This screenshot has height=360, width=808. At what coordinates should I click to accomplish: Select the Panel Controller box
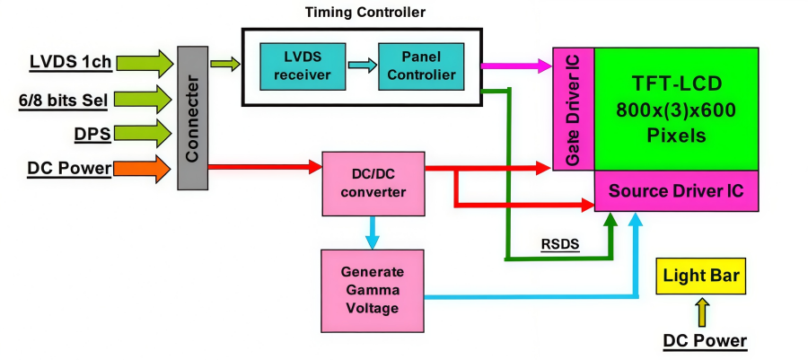pyautogui.click(x=421, y=65)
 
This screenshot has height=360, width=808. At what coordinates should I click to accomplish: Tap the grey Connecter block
pyautogui.click(x=191, y=118)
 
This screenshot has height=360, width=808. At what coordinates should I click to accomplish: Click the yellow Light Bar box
pyautogui.click(x=700, y=276)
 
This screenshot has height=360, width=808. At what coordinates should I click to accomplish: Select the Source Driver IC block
pyautogui.click(x=677, y=191)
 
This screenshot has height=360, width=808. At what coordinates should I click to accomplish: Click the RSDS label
pyautogui.click(x=558, y=242)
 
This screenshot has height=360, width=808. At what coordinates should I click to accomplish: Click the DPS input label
pyautogui.click(x=92, y=134)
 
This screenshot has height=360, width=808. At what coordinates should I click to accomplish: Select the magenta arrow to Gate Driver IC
pyautogui.click(x=516, y=65)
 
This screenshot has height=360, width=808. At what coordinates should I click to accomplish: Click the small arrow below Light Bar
pyautogui.click(x=701, y=312)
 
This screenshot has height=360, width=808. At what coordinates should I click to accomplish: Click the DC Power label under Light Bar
pyautogui.click(x=704, y=341)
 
